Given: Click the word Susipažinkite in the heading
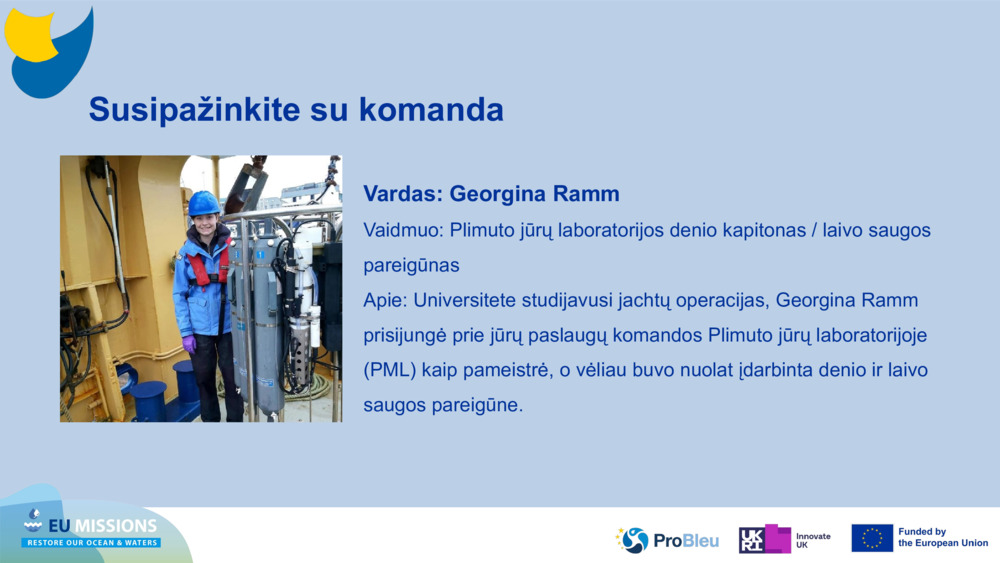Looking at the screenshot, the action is point(194,110).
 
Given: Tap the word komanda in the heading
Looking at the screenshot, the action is point(431,109).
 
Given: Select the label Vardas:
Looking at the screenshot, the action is point(403,194).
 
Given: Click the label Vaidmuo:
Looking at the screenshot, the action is point(403,230).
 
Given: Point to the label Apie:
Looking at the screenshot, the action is point(385,301).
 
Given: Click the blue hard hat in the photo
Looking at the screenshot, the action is point(203,203).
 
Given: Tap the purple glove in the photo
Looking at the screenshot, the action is point(189,344).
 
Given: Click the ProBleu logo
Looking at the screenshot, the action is point(667,540).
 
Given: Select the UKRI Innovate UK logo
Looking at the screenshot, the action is point(784,539).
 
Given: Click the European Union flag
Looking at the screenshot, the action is point(872,538).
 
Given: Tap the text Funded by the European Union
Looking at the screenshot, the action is point(943,537).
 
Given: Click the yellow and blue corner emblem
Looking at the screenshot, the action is point(48,52).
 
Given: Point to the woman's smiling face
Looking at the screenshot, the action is point(205,225).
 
